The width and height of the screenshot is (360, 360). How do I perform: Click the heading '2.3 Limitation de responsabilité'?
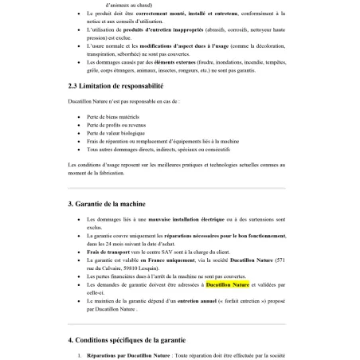[x=115, y=84]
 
